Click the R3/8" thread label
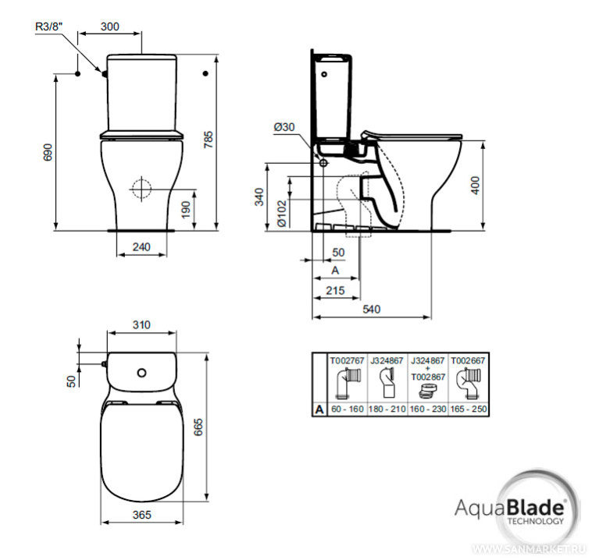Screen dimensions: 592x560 tap(48, 27)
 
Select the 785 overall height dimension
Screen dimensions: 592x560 tap(208, 140)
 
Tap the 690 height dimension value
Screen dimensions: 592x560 tap(48, 152)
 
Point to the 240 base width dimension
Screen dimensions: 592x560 tap(141, 247)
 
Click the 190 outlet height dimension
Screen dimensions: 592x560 tap(185, 210)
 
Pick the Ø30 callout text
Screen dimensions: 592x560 tap(284, 126)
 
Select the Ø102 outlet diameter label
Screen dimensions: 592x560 tap(282, 214)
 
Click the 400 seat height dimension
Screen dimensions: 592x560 tap(476, 185)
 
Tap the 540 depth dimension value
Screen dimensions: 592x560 tap(372, 309)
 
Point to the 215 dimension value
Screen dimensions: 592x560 tap(335, 290)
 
